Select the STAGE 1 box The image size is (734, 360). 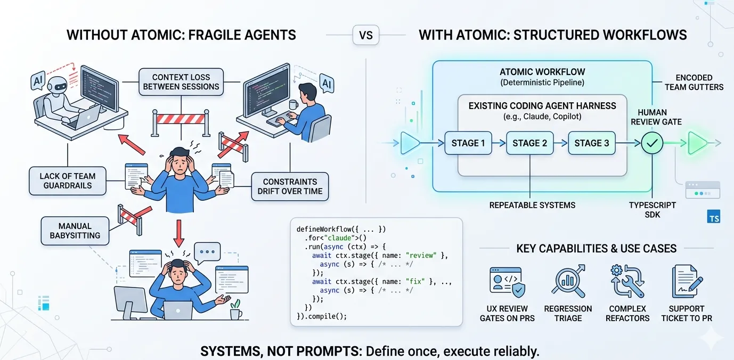[468, 143]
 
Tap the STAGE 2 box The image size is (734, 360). [529, 143]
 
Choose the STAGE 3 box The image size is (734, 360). [591, 143]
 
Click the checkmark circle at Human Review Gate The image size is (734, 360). [652, 143]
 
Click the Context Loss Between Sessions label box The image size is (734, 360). [181, 82]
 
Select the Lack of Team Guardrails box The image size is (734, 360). [68, 181]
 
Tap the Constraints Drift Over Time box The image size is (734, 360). [290, 186]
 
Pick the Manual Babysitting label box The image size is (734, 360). [75, 231]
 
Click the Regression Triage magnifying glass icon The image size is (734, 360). [567, 282]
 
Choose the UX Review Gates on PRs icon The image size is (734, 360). [507, 282]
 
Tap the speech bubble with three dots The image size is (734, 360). [207, 251]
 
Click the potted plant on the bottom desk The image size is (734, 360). [235, 309]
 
